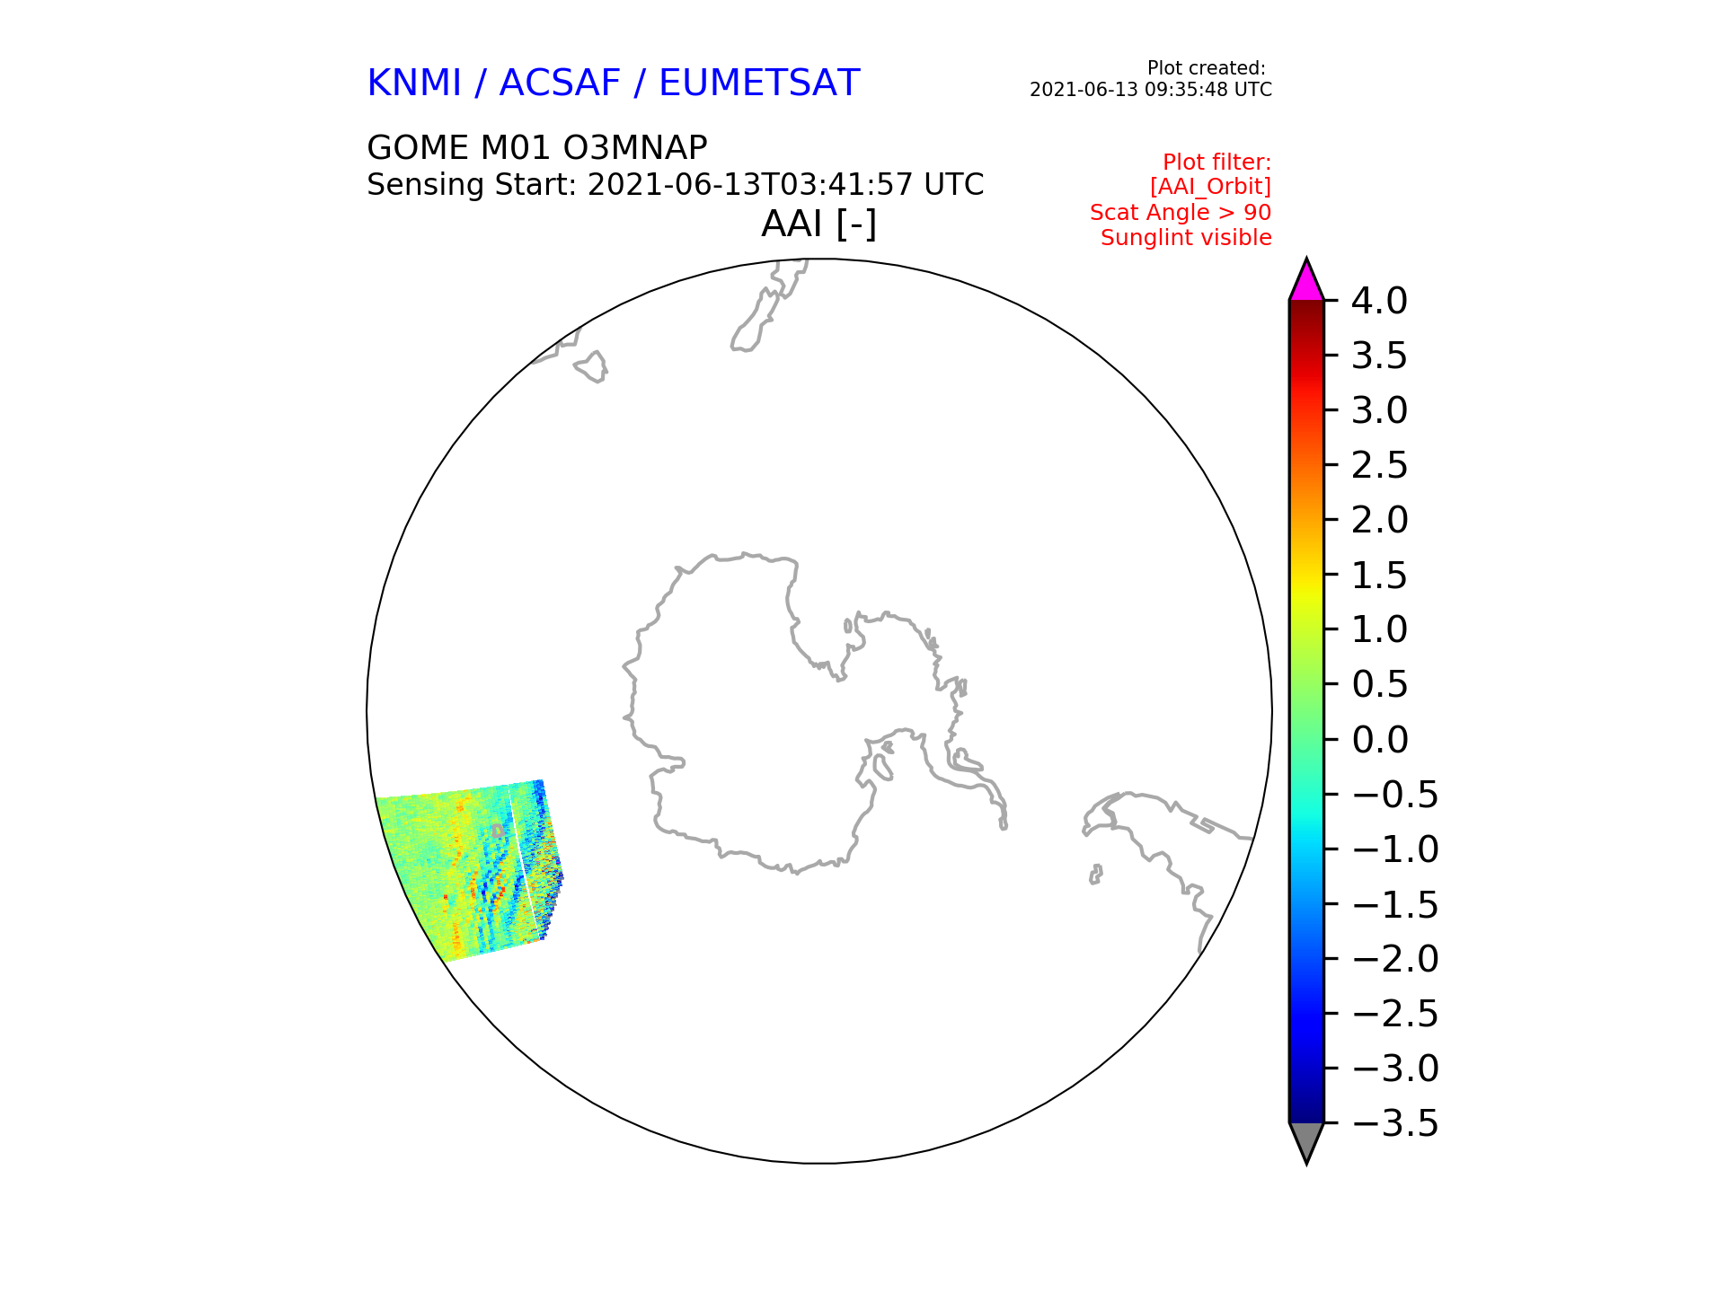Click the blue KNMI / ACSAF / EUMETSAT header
pos(614,84)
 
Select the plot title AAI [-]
pos(818,224)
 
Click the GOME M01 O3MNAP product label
pos(537,147)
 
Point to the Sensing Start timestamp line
pos(676,185)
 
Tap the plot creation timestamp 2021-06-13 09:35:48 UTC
pos(1151,90)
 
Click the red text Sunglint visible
pos(1186,238)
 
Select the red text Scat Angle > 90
pos(1181,213)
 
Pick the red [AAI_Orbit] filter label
pos(1210,187)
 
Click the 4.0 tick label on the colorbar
pos(1379,301)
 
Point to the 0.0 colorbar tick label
pos(1379,740)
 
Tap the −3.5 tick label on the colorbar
pos(1394,1123)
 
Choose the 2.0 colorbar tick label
pos(1379,520)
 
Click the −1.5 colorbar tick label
pos(1394,904)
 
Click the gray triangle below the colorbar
pos(1306,1140)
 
